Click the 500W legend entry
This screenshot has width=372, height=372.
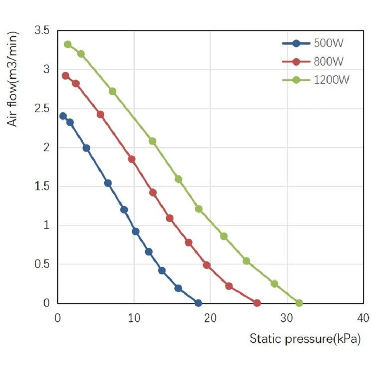(312, 43)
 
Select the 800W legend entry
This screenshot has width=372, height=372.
(312, 61)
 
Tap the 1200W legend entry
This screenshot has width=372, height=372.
(316, 80)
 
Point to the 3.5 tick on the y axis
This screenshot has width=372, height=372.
(42, 30)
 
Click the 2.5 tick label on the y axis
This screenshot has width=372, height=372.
(42, 108)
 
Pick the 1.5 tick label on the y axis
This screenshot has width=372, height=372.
(42, 186)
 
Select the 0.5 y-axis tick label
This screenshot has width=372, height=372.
(42, 264)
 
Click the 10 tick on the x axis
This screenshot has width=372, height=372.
(134, 318)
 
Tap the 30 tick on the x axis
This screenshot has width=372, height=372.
(286, 318)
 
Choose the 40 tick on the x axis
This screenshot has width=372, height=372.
(363, 318)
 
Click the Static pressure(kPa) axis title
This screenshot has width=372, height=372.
(305, 339)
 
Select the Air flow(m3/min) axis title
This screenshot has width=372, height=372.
(13, 79)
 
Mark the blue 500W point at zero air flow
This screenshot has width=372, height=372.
(198, 303)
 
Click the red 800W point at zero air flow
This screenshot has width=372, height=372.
(257, 303)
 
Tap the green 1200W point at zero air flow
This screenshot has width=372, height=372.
(299, 303)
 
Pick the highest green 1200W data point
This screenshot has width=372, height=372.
(68, 44)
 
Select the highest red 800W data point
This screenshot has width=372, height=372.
(66, 76)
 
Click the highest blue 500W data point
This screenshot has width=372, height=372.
(63, 116)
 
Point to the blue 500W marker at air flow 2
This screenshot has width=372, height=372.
(86, 148)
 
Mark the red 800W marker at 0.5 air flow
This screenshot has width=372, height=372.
(206, 265)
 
